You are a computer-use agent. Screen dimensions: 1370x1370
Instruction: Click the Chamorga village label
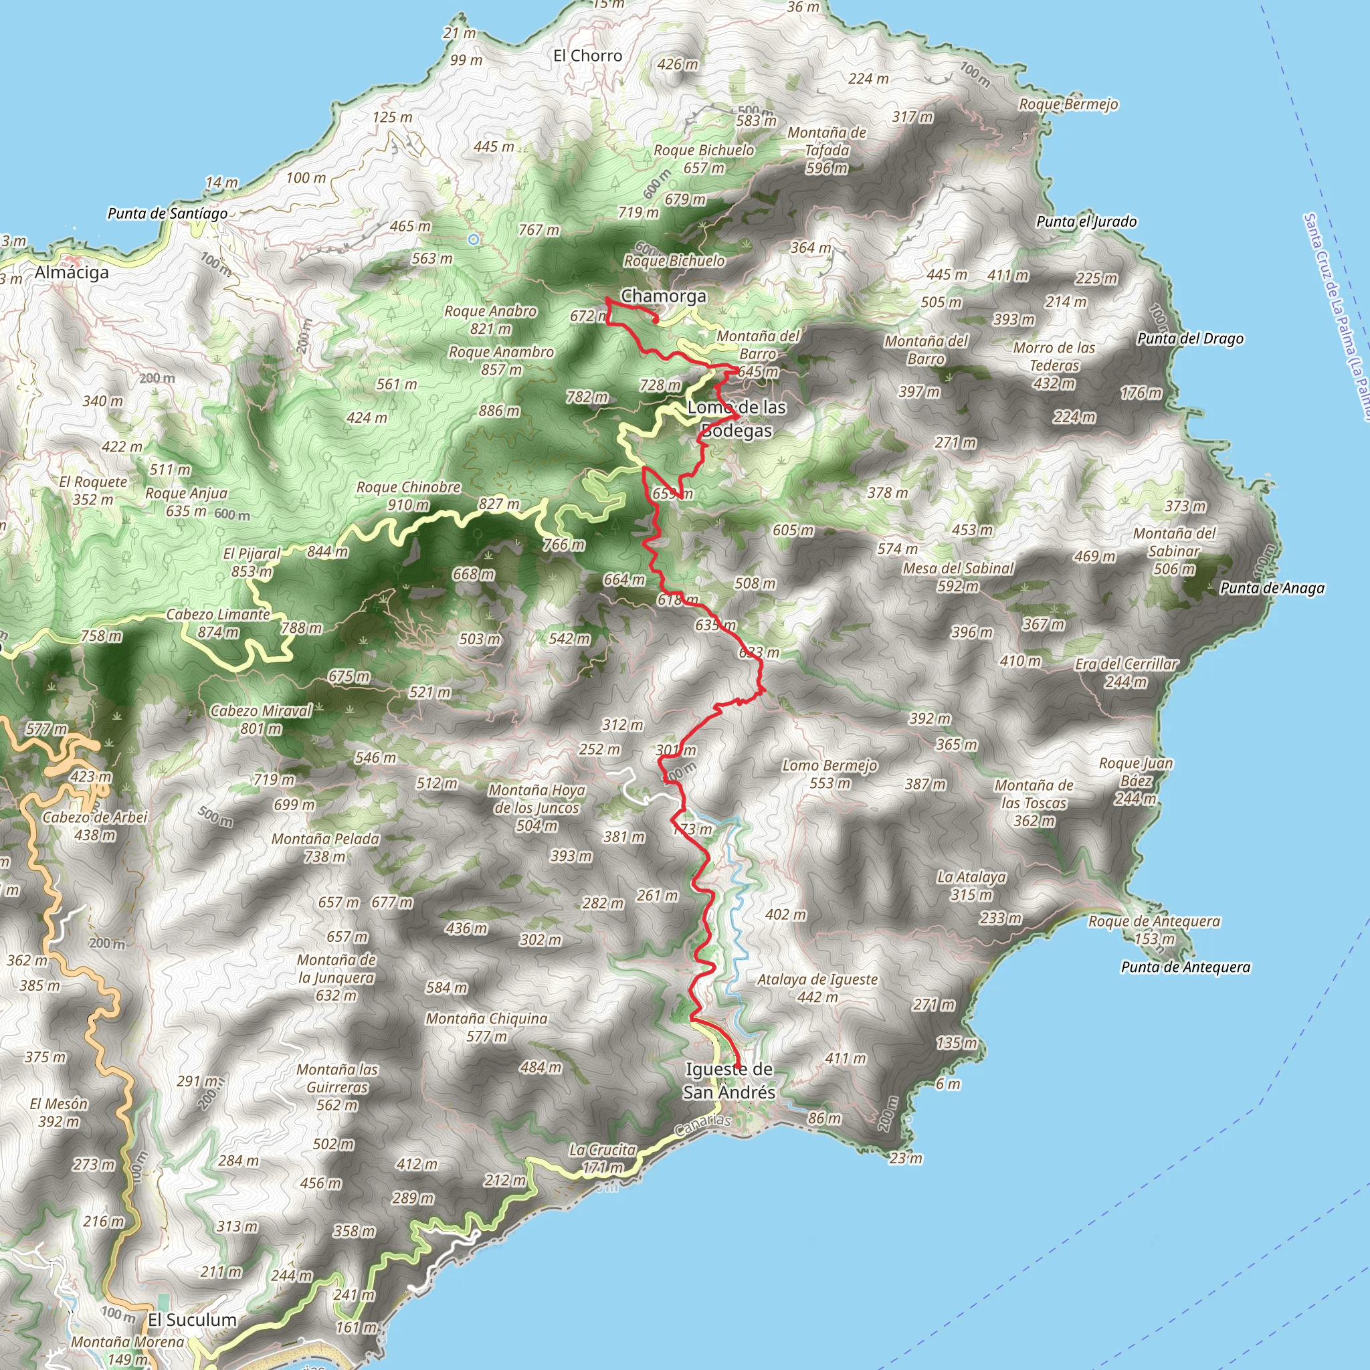point(663,296)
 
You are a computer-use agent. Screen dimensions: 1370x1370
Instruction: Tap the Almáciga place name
point(72,272)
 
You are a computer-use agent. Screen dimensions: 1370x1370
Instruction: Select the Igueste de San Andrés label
point(729,1081)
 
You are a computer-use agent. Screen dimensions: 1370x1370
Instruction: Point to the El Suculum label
point(191,1320)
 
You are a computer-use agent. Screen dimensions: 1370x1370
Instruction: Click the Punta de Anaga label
point(1272,588)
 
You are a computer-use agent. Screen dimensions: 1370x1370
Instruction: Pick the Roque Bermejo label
point(1068,104)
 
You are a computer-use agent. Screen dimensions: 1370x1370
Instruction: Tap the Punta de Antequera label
point(1185,967)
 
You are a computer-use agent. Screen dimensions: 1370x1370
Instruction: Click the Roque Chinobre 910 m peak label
point(409,496)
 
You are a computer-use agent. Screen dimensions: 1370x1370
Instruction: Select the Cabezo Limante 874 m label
point(218,623)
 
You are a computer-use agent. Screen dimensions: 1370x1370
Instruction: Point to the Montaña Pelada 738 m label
point(326,848)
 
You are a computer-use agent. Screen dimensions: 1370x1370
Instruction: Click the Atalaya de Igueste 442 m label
point(817,988)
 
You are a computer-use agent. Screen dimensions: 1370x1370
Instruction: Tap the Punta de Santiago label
point(167,213)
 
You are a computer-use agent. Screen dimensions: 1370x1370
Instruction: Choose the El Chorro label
point(588,56)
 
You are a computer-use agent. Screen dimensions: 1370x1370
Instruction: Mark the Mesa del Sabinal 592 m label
point(958,577)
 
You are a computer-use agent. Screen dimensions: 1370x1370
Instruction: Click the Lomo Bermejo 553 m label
point(829,775)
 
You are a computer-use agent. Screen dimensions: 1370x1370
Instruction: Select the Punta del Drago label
point(1191,338)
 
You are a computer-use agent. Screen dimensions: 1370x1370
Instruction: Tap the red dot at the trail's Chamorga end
point(656,320)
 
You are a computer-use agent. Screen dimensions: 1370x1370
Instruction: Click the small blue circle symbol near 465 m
point(474,239)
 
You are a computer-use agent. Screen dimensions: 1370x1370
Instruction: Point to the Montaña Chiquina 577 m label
point(486,1027)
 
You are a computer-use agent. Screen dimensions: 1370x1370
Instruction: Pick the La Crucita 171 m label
point(602,1158)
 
